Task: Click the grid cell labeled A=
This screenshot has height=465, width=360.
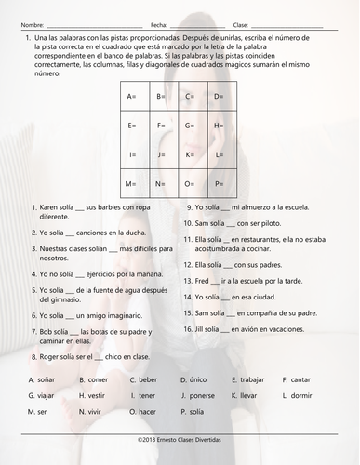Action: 134,97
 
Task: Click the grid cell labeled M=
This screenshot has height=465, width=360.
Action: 134,183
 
